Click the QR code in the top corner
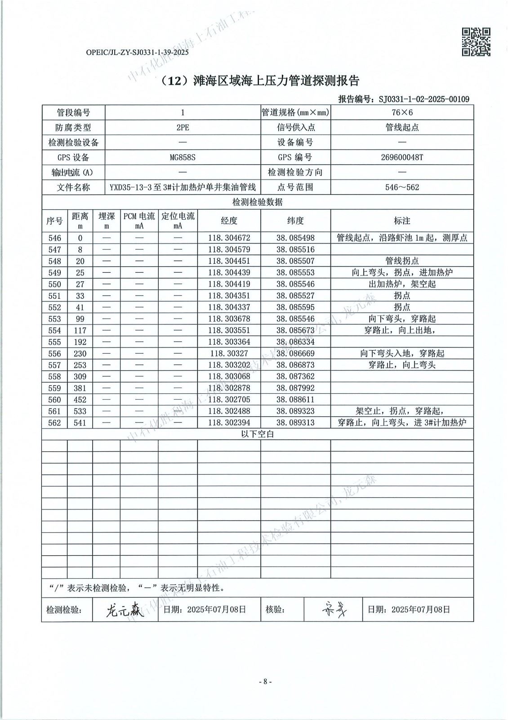tap(476, 41)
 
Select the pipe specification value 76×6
tap(402, 113)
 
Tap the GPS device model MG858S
tap(183, 157)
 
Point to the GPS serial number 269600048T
tap(402, 157)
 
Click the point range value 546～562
tap(402, 187)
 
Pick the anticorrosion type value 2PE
tap(183, 127)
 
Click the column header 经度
tap(229, 220)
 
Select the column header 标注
tap(402, 220)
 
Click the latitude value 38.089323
tap(295, 411)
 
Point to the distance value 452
tap(80, 400)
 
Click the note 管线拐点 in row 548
tap(402, 261)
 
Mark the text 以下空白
tap(257, 434)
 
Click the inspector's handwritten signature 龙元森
tap(125, 610)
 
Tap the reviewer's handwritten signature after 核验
tap(333, 610)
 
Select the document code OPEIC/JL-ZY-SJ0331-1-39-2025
tap(137, 52)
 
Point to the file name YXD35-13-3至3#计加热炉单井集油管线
tap(183, 187)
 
